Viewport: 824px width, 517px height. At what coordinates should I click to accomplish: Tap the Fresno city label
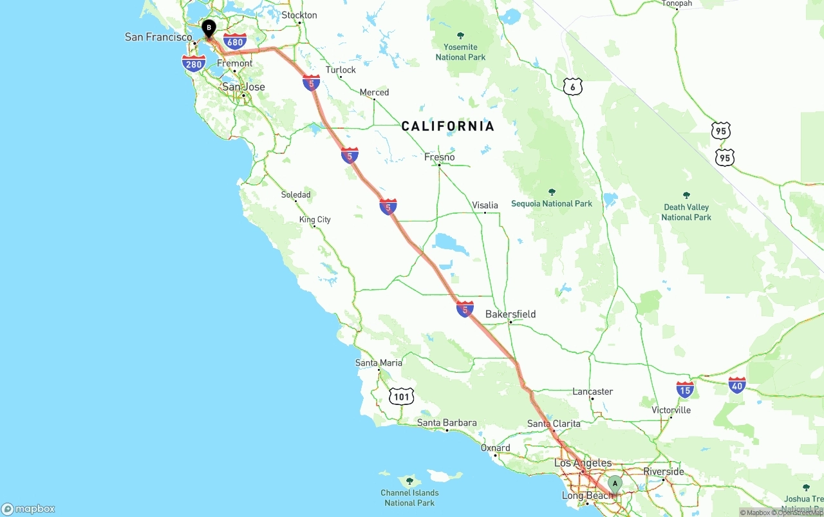coord(440,157)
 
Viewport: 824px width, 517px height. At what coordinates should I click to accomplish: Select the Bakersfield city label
coord(510,314)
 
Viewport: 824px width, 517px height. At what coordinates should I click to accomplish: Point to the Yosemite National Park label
coord(460,52)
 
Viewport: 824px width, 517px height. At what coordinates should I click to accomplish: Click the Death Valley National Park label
coord(686,212)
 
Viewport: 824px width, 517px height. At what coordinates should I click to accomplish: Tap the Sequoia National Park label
coord(552,203)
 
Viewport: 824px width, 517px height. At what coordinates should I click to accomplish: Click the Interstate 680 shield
coord(236,42)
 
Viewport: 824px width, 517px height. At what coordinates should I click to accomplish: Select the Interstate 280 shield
coord(194,62)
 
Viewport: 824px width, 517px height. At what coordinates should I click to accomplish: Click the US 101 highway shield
coord(401,396)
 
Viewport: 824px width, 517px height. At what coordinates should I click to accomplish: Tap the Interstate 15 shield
coord(685,389)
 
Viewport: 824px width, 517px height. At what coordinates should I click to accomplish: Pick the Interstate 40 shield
coord(737,385)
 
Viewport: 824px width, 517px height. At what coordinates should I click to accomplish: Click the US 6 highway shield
coord(572,86)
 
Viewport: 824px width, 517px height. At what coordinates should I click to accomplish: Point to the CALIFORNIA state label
coord(448,126)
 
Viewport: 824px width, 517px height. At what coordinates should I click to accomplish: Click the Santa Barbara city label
coord(447,423)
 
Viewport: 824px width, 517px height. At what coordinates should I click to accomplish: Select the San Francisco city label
coord(158,37)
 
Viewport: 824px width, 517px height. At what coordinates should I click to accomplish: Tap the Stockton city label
coord(299,15)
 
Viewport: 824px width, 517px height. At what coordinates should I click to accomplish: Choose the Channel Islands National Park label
coord(409,497)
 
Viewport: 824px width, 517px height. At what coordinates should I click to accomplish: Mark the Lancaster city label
coord(592,391)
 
